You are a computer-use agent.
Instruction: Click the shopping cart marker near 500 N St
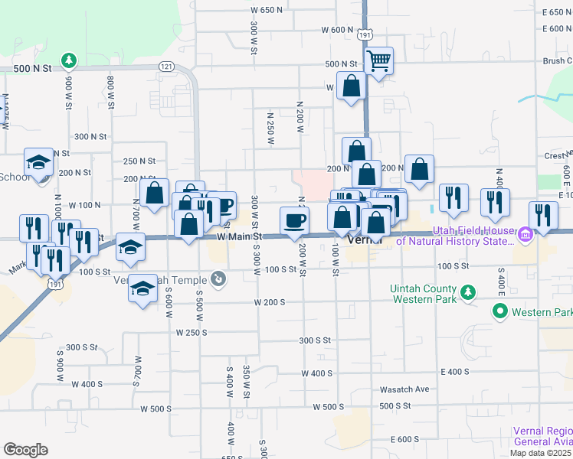[x=378, y=60]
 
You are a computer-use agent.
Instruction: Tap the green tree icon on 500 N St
[x=69, y=59]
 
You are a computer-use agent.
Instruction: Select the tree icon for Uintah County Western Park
[x=467, y=291]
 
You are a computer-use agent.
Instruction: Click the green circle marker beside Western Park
[x=500, y=311]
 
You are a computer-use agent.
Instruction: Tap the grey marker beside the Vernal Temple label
[x=219, y=279]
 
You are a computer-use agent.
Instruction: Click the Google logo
[x=25, y=449]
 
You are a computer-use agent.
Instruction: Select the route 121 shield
[x=166, y=67]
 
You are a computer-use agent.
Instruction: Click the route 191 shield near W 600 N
[x=365, y=34]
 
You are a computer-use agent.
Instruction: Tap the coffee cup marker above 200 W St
[x=295, y=221]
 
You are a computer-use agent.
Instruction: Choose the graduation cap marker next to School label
[x=38, y=162]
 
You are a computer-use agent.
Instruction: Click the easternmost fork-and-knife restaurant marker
[x=543, y=216]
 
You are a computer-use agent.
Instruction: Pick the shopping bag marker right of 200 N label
[x=420, y=170]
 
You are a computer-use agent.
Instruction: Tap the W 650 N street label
[x=271, y=10]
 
